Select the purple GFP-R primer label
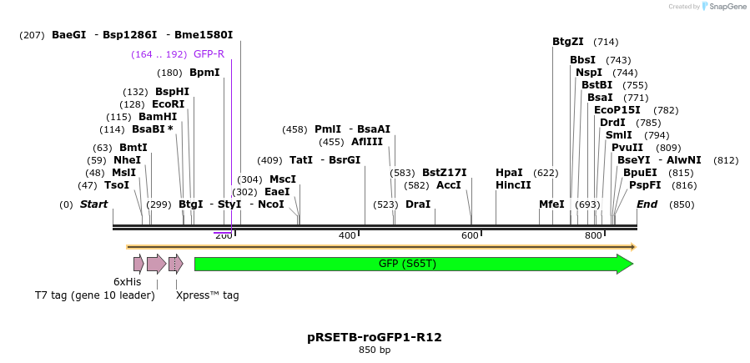tap(209, 54)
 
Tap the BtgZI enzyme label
tap(568, 42)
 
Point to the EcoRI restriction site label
tap(168, 104)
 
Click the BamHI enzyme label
tap(158, 117)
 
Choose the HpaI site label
tap(509, 173)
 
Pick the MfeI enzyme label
tap(551, 204)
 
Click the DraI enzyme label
tap(418, 204)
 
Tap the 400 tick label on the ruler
tap(347, 236)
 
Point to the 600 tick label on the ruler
tap(471, 236)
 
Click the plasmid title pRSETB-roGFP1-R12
tap(375, 337)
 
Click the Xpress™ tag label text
tap(208, 295)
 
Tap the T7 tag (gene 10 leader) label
tap(94, 295)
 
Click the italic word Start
tap(93, 204)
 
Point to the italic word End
tap(647, 204)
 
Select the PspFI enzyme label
tap(645, 185)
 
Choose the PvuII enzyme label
tap(627, 148)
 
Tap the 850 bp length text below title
tap(375, 350)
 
